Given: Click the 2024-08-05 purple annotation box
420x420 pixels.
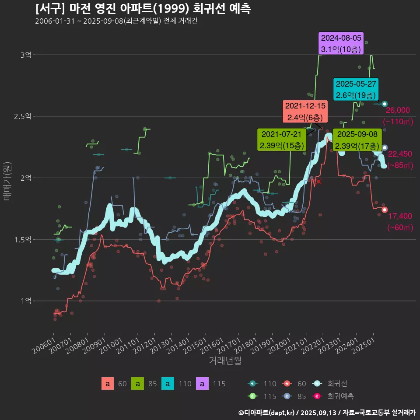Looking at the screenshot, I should tap(341, 43).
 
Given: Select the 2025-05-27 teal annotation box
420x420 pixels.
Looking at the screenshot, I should tap(356, 89).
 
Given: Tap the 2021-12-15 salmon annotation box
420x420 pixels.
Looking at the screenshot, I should tap(305, 112).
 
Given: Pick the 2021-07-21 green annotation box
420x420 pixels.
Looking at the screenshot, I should tap(281, 140).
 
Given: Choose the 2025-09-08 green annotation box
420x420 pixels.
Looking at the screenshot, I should tap(357, 140).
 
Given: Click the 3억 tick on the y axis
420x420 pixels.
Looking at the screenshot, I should tap(26, 55).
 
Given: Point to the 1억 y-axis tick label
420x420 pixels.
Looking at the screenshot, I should tap(26, 301).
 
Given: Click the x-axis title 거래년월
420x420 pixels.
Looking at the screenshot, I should tap(225, 360).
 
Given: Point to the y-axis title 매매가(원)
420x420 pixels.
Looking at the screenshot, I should tap(7, 178).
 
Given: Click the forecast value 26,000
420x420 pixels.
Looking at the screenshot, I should tap(398, 110).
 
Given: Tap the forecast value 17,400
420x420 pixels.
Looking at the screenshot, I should tap(399, 216).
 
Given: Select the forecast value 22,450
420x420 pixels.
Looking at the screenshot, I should tap(400, 154).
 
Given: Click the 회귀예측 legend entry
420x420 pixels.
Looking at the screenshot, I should tap(341, 396).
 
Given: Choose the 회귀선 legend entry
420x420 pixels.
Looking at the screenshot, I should tap(337, 384).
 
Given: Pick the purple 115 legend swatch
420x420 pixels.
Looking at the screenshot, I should tap(202, 384).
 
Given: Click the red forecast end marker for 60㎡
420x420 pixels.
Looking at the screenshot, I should tap(385, 210).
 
